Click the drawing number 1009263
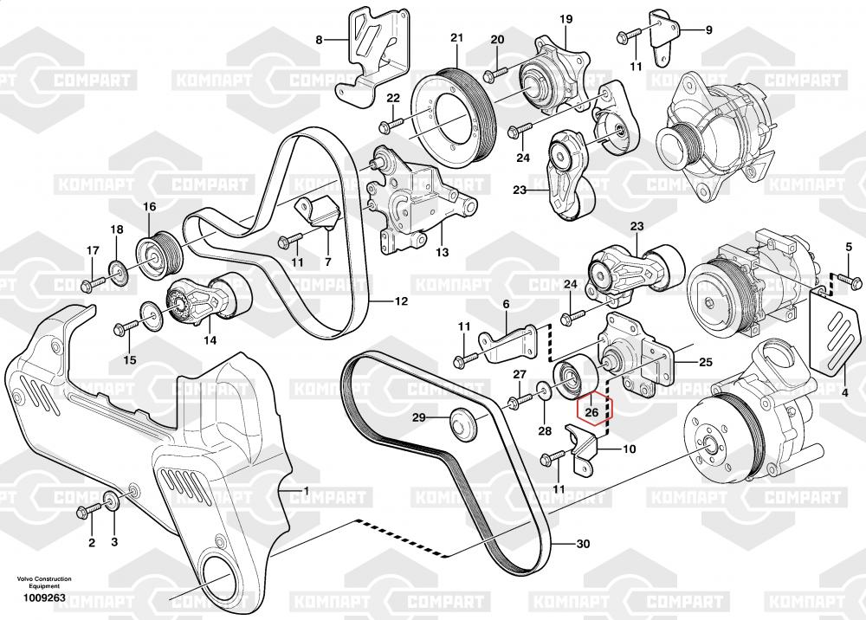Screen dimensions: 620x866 (x=43, y=597)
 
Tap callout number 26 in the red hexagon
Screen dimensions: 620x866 (x=592, y=412)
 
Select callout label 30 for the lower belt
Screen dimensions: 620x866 (x=583, y=544)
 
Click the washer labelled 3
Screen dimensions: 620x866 (x=113, y=501)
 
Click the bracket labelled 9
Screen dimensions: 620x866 (x=663, y=35)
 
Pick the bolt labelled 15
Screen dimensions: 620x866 (x=125, y=327)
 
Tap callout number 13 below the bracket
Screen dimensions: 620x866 (x=442, y=253)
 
